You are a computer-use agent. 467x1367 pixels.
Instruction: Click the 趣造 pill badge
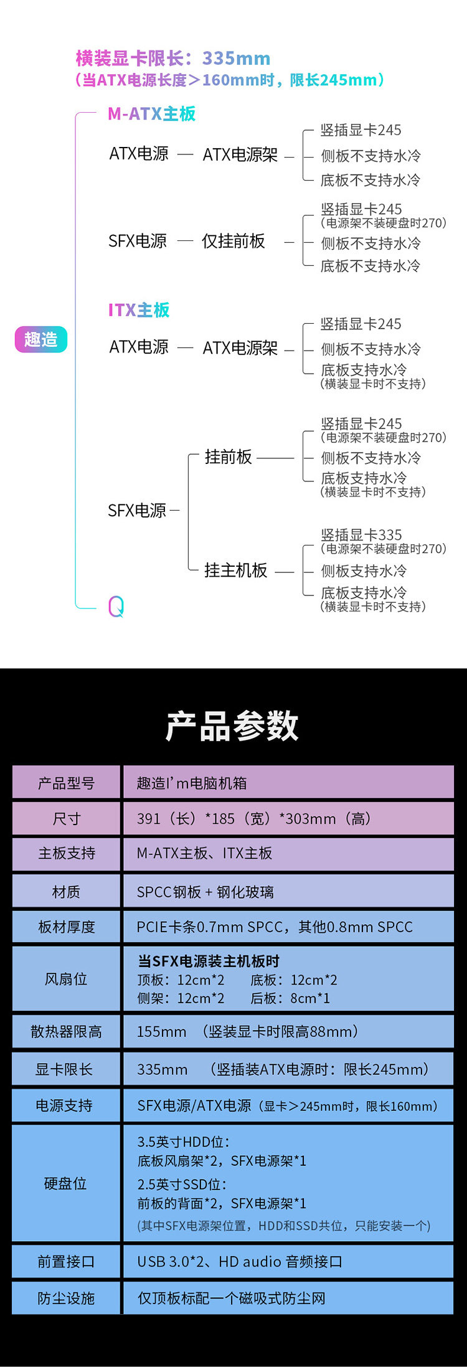pos(40,339)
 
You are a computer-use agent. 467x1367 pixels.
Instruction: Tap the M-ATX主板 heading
pos(151,113)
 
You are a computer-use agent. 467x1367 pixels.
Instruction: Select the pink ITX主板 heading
pos(139,310)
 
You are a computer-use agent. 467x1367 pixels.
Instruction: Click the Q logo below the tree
pos(116,606)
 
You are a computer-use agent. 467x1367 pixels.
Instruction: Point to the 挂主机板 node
pos(235,570)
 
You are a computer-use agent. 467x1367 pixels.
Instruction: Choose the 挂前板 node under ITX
pos(228,456)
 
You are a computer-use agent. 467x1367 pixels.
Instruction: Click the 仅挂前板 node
pos(233,241)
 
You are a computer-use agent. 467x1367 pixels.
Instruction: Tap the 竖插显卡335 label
pos(361,535)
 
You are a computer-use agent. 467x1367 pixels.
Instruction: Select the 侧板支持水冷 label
pos(364,570)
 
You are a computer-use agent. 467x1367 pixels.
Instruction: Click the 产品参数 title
pos(232,726)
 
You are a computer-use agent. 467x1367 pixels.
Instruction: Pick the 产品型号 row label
pos(66,783)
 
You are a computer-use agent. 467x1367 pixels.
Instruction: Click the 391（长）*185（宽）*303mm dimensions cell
pos(254,818)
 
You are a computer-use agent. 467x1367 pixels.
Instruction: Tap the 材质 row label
pos(66,892)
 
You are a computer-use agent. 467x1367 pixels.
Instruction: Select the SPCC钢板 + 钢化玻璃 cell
pos(205,892)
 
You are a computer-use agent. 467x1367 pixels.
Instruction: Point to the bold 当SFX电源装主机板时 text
pos(209,961)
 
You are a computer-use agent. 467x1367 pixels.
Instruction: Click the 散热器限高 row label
pos(66,1031)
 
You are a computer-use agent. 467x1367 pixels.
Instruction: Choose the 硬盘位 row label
pos(66,1183)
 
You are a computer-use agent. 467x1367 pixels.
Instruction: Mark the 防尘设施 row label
pos(66,1298)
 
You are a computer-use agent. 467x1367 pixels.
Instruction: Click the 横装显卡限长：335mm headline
pos(173,59)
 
